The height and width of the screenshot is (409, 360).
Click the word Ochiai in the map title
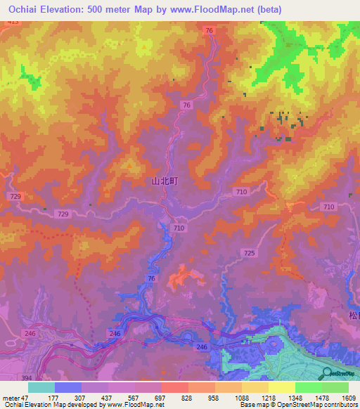coord(22,8)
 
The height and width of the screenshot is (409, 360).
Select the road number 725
coord(248,252)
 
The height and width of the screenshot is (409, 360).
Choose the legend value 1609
coord(348,398)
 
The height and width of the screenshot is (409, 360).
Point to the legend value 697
coord(160,398)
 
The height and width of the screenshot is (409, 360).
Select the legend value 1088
coord(241,398)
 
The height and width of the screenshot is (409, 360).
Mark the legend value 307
coord(80,398)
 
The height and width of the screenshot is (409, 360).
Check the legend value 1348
coord(295,398)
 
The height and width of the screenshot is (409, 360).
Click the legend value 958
coord(214,398)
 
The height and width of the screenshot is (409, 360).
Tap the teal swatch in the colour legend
coord(41,387)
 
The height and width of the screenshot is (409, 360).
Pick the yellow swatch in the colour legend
coord(282,387)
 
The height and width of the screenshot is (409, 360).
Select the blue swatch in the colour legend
coord(68,387)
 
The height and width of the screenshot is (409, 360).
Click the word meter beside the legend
coord(11,398)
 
